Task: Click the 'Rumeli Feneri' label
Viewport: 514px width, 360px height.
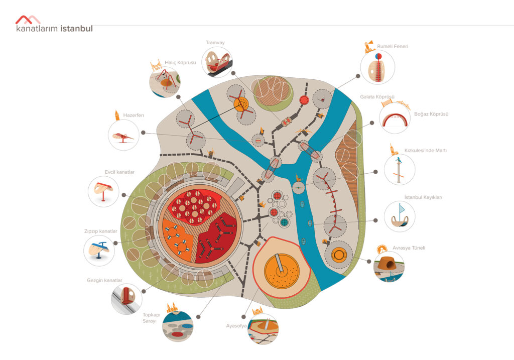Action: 393,46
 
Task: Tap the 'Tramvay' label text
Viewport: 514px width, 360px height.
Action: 214,43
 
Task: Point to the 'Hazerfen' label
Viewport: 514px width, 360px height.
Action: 134,115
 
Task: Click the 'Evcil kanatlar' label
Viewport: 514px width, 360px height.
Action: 120,172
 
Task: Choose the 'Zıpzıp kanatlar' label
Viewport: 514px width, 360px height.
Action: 100,231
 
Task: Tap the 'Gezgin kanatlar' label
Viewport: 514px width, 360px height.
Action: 104,280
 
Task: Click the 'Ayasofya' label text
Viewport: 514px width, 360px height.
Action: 236,325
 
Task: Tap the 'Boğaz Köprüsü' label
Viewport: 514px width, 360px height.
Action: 431,114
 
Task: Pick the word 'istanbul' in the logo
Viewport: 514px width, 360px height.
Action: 76,29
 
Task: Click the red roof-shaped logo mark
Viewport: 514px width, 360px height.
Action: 28,20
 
